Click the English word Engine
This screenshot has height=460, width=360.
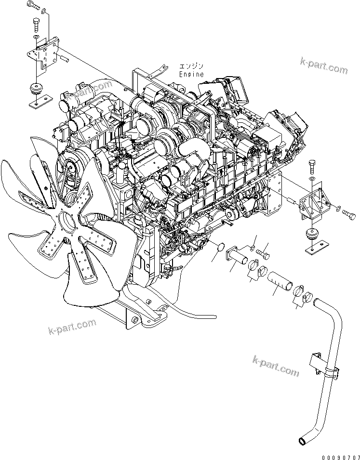191,75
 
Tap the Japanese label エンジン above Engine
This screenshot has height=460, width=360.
191,66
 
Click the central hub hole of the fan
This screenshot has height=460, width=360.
67,223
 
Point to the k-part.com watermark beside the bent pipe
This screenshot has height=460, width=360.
276,366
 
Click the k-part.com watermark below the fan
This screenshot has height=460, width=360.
72,328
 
